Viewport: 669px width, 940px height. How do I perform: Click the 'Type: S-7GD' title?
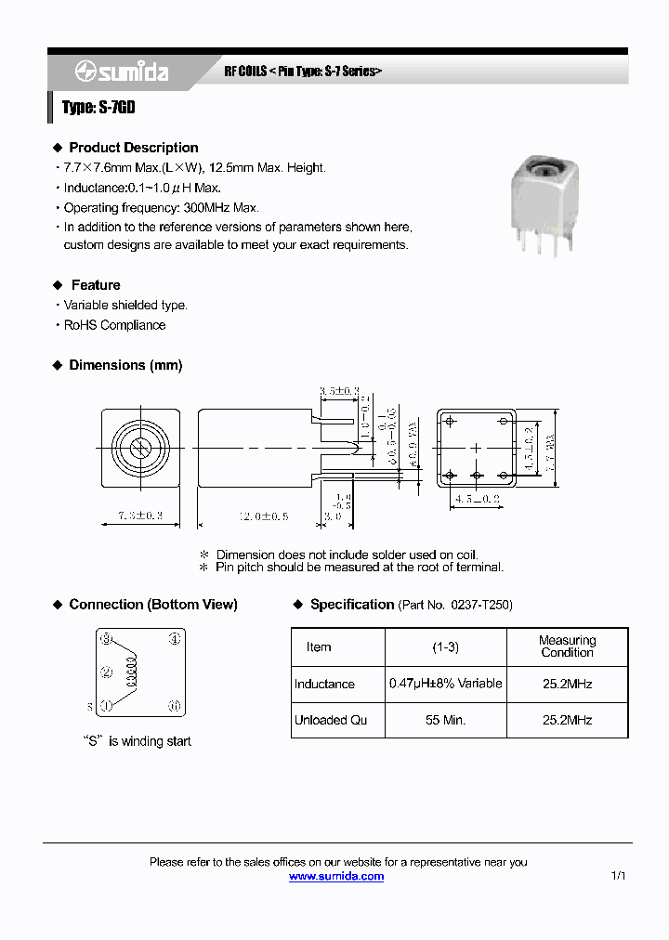click(98, 108)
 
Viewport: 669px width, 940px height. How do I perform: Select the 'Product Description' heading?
click(133, 148)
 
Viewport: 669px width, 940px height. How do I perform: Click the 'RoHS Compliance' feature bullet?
click(114, 325)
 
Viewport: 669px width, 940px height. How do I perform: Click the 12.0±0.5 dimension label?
click(239, 515)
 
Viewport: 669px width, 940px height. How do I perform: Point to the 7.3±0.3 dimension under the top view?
click(140, 515)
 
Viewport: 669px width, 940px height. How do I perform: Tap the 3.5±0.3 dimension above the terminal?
click(339, 392)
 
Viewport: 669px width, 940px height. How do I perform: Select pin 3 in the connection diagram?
click(107, 639)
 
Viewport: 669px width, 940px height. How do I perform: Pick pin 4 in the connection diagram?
click(173, 639)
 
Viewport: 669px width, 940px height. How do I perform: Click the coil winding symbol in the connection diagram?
click(131, 672)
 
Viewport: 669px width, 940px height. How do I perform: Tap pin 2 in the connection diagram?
click(107, 672)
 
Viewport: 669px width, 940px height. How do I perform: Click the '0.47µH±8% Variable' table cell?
click(445, 684)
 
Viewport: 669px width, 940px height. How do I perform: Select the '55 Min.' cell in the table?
click(445, 720)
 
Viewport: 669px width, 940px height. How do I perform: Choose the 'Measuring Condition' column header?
click(567, 646)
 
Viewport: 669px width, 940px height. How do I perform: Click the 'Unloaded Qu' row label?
click(330, 720)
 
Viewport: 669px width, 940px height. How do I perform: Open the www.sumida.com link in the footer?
click(335, 876)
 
